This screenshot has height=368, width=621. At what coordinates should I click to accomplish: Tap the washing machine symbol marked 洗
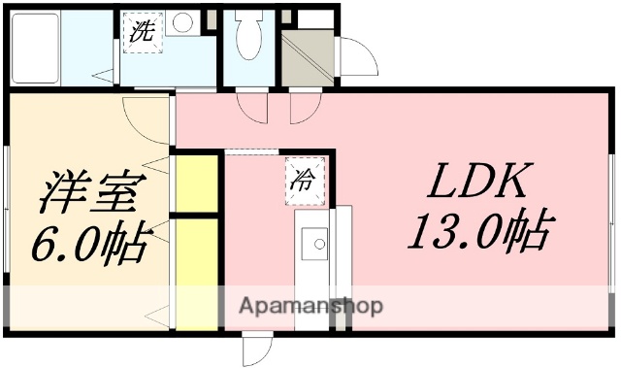[140, 30]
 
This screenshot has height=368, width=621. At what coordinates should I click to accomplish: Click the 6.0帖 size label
[92, 244]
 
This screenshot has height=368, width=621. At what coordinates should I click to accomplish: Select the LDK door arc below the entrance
[302, 110]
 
